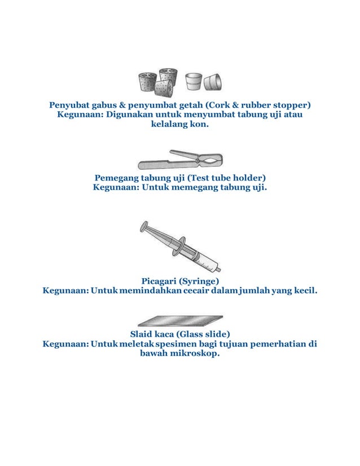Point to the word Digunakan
pyautogui.click(x=130, y=115)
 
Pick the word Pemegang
pyautogui.click(x=116, y=177)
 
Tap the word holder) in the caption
pyautogui.click(x=249, y=177)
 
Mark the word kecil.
pyautogui.click(x=304, y=291)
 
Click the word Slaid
pyautogui.click(x=143, y=333)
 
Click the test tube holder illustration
pyautogui.click(x=181, y=161)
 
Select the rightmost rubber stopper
pyautogui.click(x=213, y=83)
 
